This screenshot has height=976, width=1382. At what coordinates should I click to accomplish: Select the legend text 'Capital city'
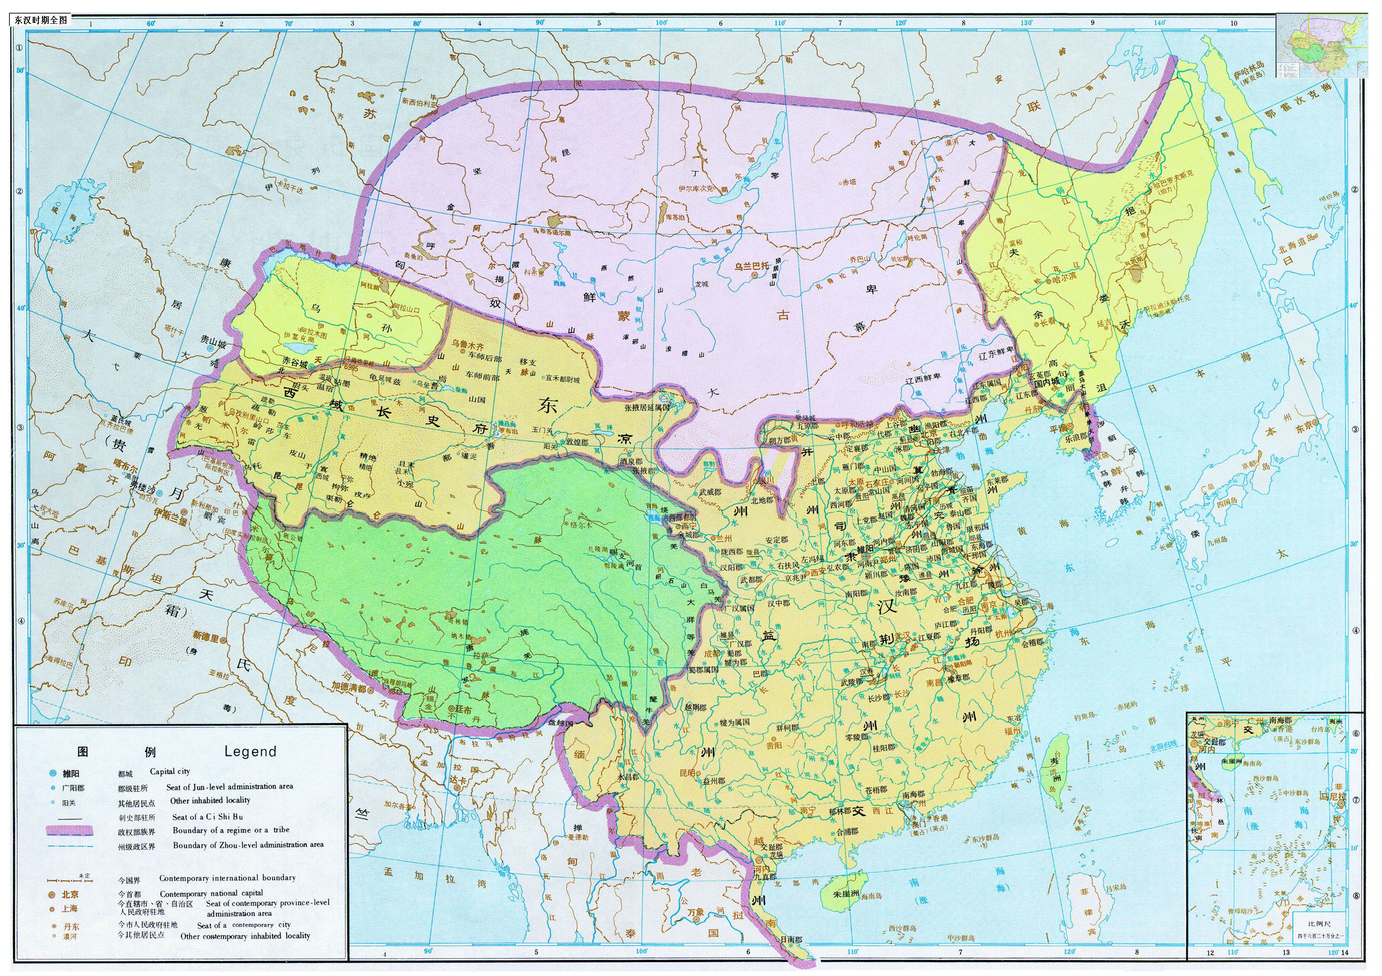(x=170, y=771)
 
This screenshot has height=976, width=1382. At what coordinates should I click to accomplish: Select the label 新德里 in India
(x=205, y=634)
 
